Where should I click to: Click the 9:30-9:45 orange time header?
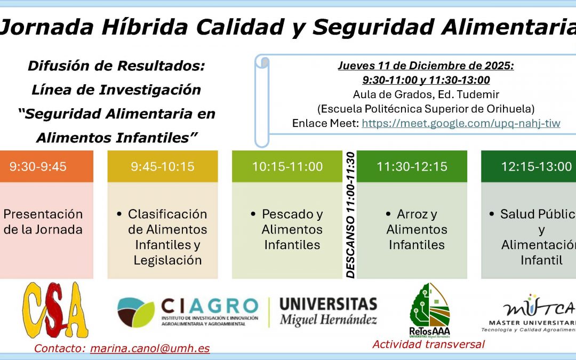(38, 166)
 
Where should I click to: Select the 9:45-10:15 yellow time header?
(163, 166)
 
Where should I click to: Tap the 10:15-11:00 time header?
(287, 166)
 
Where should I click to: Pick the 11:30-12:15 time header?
(412, 166)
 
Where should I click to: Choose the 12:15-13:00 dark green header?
(535, 166)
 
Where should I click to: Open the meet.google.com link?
(461, 123)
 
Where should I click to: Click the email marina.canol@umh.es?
(150, 349)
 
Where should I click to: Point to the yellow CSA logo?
(55, 311)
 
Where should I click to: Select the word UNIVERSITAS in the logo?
(328, 305)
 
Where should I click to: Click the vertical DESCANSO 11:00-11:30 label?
(350, 214)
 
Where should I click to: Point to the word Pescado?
(292, 214)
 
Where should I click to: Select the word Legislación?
(167, 260)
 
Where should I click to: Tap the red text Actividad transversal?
(428, 344)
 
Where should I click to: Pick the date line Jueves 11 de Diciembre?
(426, 66)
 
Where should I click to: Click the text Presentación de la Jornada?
(43, 222)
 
